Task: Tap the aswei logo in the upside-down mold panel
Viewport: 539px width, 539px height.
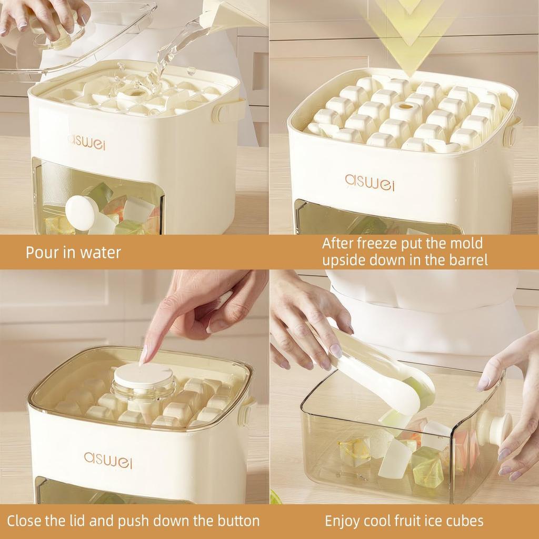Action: point(370,182)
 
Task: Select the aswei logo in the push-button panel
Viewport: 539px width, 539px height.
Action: point(108,459)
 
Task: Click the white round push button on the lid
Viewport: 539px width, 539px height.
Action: point(144,375)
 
